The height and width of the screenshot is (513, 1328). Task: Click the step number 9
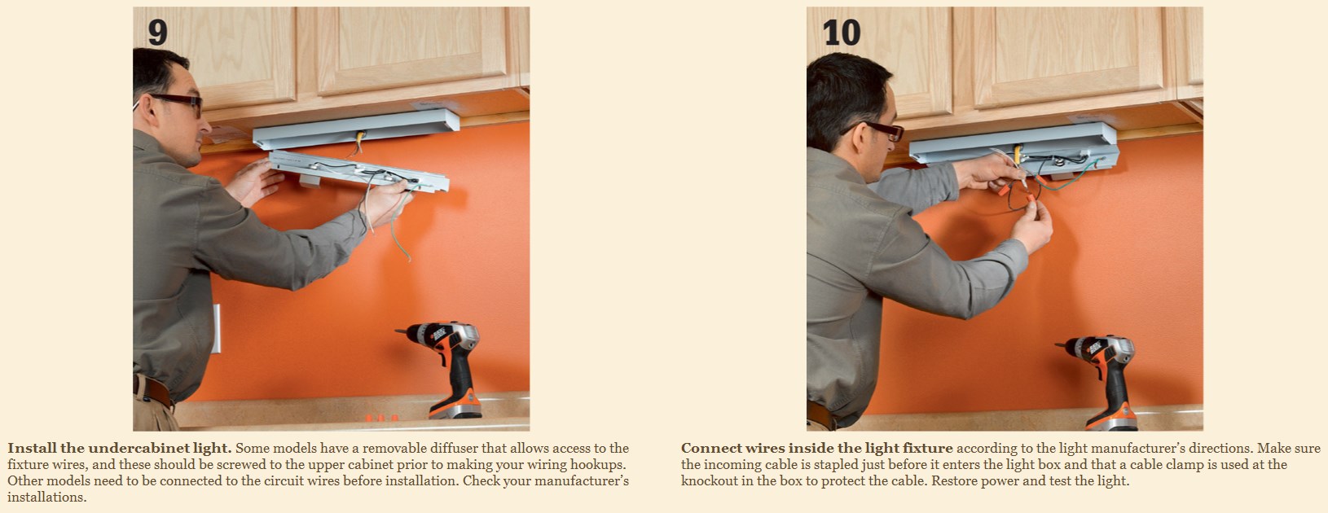[158, 32]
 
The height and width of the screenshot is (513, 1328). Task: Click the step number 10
[842, 32]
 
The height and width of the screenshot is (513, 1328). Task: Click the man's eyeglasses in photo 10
[877, 129]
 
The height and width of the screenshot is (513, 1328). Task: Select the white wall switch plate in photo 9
[217, 328]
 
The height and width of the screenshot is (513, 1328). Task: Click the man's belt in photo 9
[154, 391]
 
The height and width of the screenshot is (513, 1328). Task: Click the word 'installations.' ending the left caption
[46, 497]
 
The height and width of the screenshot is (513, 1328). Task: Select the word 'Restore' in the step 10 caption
[955, 480]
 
